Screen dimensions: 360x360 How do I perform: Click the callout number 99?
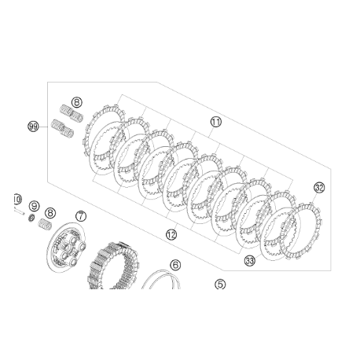point(33,127)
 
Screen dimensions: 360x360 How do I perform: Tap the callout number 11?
point(216,122)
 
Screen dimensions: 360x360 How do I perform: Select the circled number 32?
point(318,187)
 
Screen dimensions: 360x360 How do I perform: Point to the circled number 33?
point(249,260)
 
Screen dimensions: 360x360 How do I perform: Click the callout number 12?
point(171,234)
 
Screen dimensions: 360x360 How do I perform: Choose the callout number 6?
point(174,266)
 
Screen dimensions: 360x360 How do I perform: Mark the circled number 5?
point(220,285)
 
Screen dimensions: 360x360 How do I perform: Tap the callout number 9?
point(34,206)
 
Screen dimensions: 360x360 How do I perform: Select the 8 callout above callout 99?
point(76,102)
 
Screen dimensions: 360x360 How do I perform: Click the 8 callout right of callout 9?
point(50,212)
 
